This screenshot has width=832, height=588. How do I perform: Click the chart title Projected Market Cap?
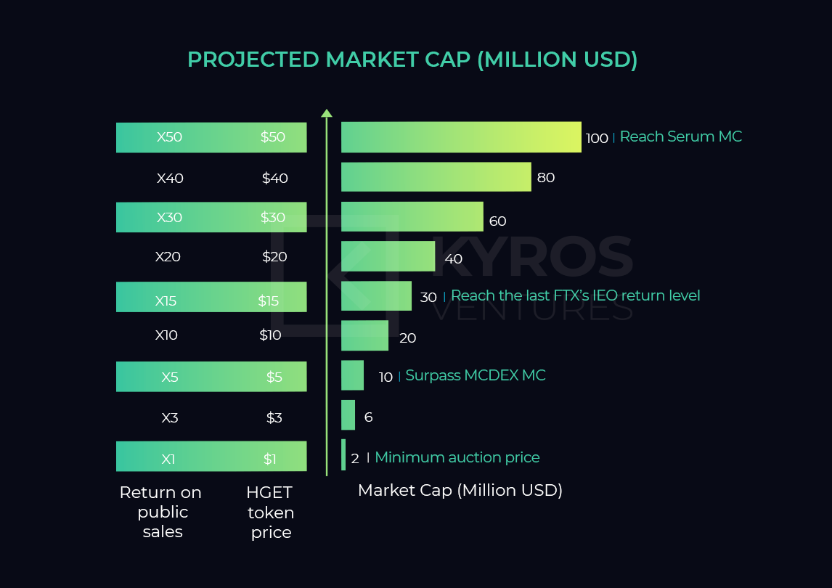(x=412, y=60)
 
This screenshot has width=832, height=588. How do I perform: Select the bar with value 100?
(x=461, y=137)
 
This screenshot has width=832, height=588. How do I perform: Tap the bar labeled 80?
(x=436, y=176)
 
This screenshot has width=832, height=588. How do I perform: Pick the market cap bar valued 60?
(x=412, y=216)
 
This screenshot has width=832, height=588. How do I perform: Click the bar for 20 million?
(x=364, y=335)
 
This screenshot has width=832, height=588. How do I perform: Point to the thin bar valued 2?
(x=343, y=455)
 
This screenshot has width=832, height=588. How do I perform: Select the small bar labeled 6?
(x=348, y=415)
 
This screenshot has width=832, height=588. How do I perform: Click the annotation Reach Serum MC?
(x=681, y=136)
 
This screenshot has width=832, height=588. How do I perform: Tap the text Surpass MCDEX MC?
(x=476, y=375)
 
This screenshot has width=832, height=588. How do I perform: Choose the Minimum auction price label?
(x=457, y=457)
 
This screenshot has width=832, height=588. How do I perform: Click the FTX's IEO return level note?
(x=575, y=295)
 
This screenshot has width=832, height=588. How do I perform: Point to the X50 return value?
(x=169, y=137)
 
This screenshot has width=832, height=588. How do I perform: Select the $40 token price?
(x=275, y=178)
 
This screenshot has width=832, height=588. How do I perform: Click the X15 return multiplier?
(x=166, y=301)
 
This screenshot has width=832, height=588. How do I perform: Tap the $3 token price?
(x=274, y=417)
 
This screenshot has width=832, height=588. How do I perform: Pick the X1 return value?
(x=168, y=459)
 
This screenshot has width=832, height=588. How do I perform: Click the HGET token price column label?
(x=270, y=512)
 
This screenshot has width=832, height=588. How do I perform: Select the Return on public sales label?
(x=160, y=512)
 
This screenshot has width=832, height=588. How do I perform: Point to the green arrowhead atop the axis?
(x=327, y=113)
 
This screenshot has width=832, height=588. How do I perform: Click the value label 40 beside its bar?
(x=453, y=259)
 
